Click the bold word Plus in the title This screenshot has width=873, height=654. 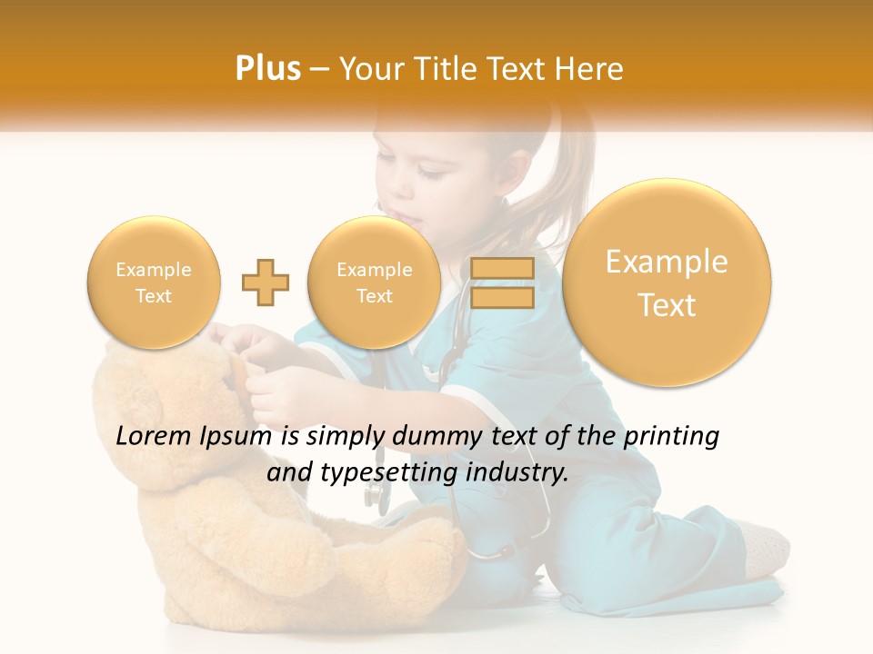coord(267,69)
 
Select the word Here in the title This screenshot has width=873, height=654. coord(590,69)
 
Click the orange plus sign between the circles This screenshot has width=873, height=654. coord(266,282)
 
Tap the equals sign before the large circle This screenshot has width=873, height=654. coord(501,282)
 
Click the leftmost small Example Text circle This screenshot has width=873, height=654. coord(153,282)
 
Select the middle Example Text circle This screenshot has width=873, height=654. coord(374,282)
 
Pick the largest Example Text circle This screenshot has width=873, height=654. coord(667,282)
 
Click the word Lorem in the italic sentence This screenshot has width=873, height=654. coord(155,437)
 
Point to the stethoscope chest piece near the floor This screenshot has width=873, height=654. coord(374,495)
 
